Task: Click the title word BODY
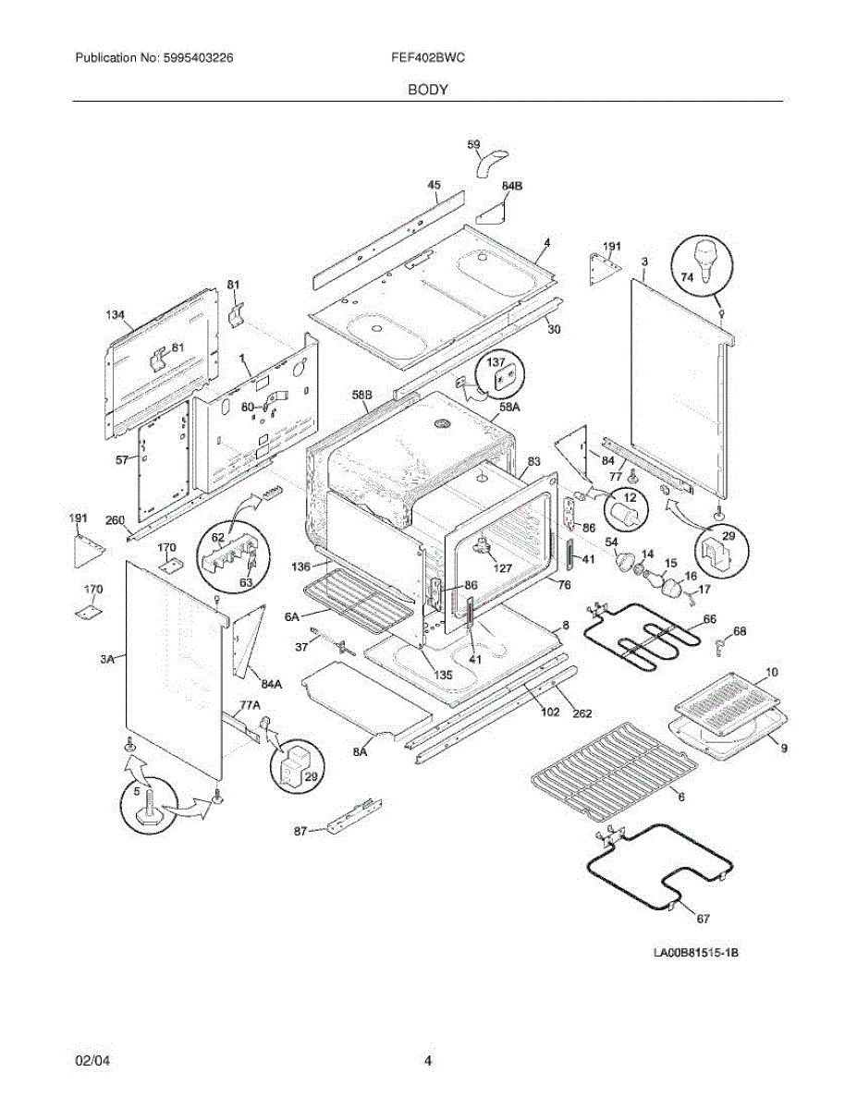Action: [428, 90]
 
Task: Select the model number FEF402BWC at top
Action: [428, 57]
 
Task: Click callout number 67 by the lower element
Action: [703, 918]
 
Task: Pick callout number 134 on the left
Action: [115, 316]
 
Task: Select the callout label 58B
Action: [361, 396]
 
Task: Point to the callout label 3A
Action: [108, 658]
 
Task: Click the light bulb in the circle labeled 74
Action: [708, 258]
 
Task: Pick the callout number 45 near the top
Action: [435, 186]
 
